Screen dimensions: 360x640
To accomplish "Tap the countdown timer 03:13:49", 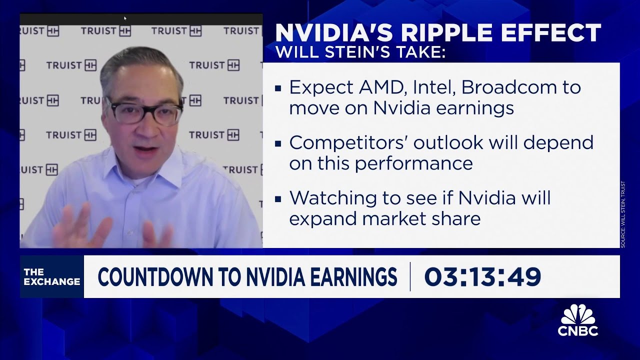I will tap(482, 277).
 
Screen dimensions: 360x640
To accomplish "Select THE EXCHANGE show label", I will tap(51, 277).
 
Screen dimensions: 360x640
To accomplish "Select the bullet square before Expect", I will tap(278, 89).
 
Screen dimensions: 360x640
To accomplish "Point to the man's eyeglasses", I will tap(143, 111).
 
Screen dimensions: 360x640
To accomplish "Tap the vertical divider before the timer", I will tap(410, 276).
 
